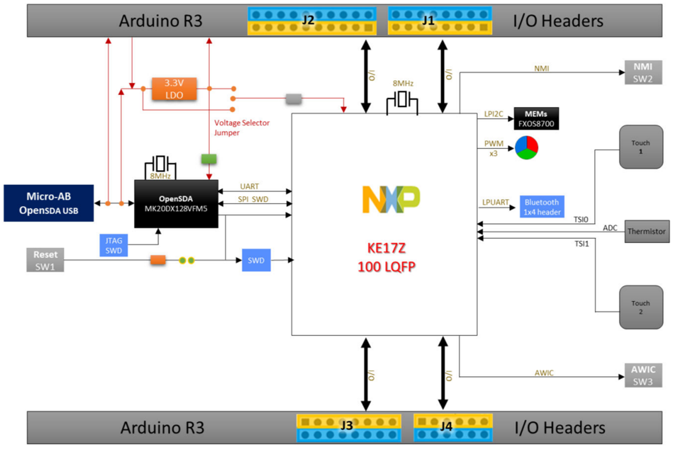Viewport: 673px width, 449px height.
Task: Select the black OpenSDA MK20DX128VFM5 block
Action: (176, 204)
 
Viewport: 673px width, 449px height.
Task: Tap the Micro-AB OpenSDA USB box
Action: (48, 203)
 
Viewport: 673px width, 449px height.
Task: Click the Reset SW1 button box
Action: (45, 261)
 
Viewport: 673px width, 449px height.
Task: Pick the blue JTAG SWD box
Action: (113, 245)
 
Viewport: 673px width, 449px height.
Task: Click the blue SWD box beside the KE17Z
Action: (256, 260)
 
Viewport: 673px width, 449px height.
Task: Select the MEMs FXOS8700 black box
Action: (536, 119)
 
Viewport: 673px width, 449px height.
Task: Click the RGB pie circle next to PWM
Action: (526, 148)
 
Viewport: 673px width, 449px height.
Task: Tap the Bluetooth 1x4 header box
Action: (541, 207)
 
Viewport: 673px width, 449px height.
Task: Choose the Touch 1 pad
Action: (641, 147)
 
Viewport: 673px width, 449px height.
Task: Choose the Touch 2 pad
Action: (641, 307)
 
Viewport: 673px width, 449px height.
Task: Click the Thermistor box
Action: (645, 232)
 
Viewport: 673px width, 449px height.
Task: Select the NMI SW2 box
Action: (643, 73)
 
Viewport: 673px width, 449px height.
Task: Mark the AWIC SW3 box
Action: (643, 375)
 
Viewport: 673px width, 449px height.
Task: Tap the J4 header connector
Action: (445, 427)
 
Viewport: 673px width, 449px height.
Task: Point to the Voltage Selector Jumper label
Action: (242, 127)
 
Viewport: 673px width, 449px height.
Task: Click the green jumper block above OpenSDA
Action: (209, 158)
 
